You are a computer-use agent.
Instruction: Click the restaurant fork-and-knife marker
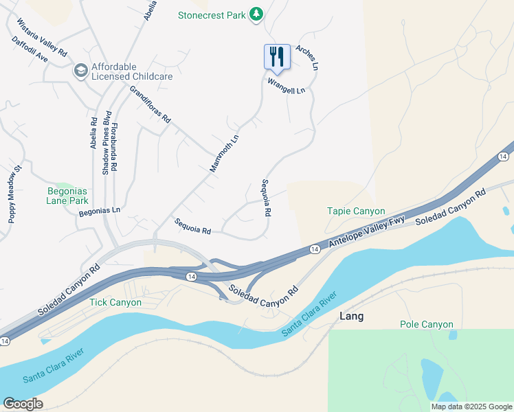277,56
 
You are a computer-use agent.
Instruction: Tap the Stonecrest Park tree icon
256,14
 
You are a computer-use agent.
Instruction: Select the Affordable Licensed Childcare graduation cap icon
80,71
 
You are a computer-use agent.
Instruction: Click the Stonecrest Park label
212,14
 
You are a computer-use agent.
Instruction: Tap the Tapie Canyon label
356,211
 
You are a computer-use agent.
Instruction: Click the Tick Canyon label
115,302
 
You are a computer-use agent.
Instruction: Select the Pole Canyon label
427,324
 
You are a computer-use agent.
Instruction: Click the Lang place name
352,316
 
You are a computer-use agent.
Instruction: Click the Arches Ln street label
307,58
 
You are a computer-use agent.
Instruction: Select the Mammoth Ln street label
224,152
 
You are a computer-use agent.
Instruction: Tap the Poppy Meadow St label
12,193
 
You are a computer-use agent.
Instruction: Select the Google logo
23,404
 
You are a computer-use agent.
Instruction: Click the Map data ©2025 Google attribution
471,407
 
